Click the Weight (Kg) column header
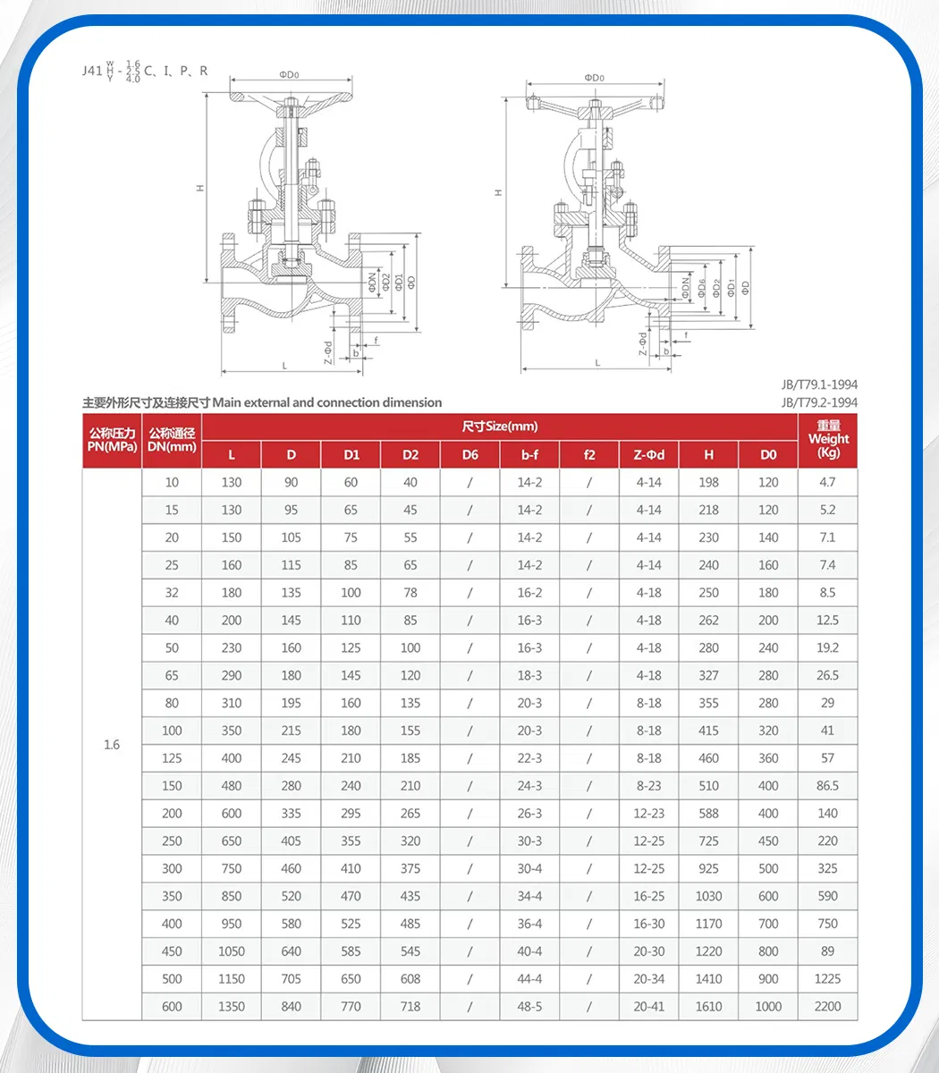click(x=828, y=439)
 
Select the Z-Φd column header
click(x=649, y=454)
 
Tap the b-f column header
click(x=529, y=454)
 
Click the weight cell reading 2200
click(x=828, y=1006)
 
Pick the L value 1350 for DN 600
click(x=232, y=1006)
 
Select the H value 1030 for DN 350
click(x=708, y=896)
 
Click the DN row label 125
click(x=172, y=758)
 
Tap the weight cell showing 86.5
click(x=828, y=786)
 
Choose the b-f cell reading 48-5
click(x=529, y=1006)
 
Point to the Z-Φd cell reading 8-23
click(x=649, y=786)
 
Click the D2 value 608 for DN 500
click(x=410, y=979)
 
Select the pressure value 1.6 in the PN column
click(x=112, y=745)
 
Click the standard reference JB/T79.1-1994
click(x=819, y=385)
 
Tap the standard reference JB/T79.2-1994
click(x=819, y=402)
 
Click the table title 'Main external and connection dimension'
click(x=327, y=402)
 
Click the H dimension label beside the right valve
click(x=499, y=192)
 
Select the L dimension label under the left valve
click(x=284, y=366)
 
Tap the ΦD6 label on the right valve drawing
click(x=702, y=287)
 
